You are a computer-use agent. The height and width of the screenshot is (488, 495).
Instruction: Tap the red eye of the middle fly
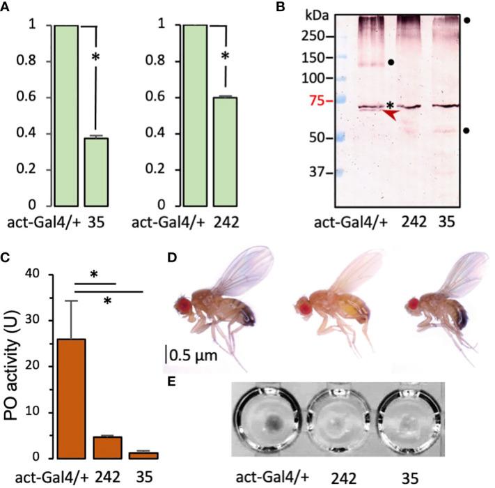301,306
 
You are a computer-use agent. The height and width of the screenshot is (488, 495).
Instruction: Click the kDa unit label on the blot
318,13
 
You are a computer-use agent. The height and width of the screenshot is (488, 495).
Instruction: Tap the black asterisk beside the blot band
391,105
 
